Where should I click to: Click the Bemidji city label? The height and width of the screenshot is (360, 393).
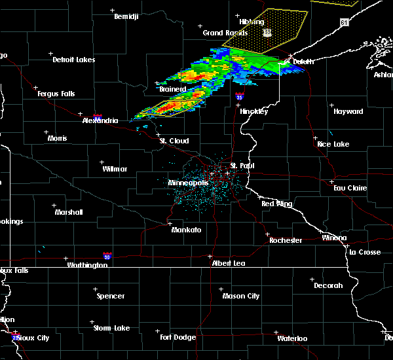126,16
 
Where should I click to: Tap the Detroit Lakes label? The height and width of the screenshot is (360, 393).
73,60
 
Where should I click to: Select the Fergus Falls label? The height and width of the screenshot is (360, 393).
56,94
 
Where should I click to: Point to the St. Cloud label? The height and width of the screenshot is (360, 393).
174,141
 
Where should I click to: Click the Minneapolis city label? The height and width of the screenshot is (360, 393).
188,183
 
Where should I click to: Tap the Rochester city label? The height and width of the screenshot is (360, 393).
286,240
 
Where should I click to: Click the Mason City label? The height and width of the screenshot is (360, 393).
240,296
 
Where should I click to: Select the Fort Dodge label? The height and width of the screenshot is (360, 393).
178,337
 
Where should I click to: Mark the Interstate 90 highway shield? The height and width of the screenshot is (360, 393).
107,256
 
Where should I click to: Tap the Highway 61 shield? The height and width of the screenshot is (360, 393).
344,22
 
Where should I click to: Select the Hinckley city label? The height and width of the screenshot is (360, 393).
254,111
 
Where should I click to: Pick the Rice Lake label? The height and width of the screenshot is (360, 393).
333,144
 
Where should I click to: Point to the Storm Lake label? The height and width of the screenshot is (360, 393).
113,328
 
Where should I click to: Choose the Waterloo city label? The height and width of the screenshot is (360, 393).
292,338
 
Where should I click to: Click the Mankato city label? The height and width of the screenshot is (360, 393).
186,230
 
